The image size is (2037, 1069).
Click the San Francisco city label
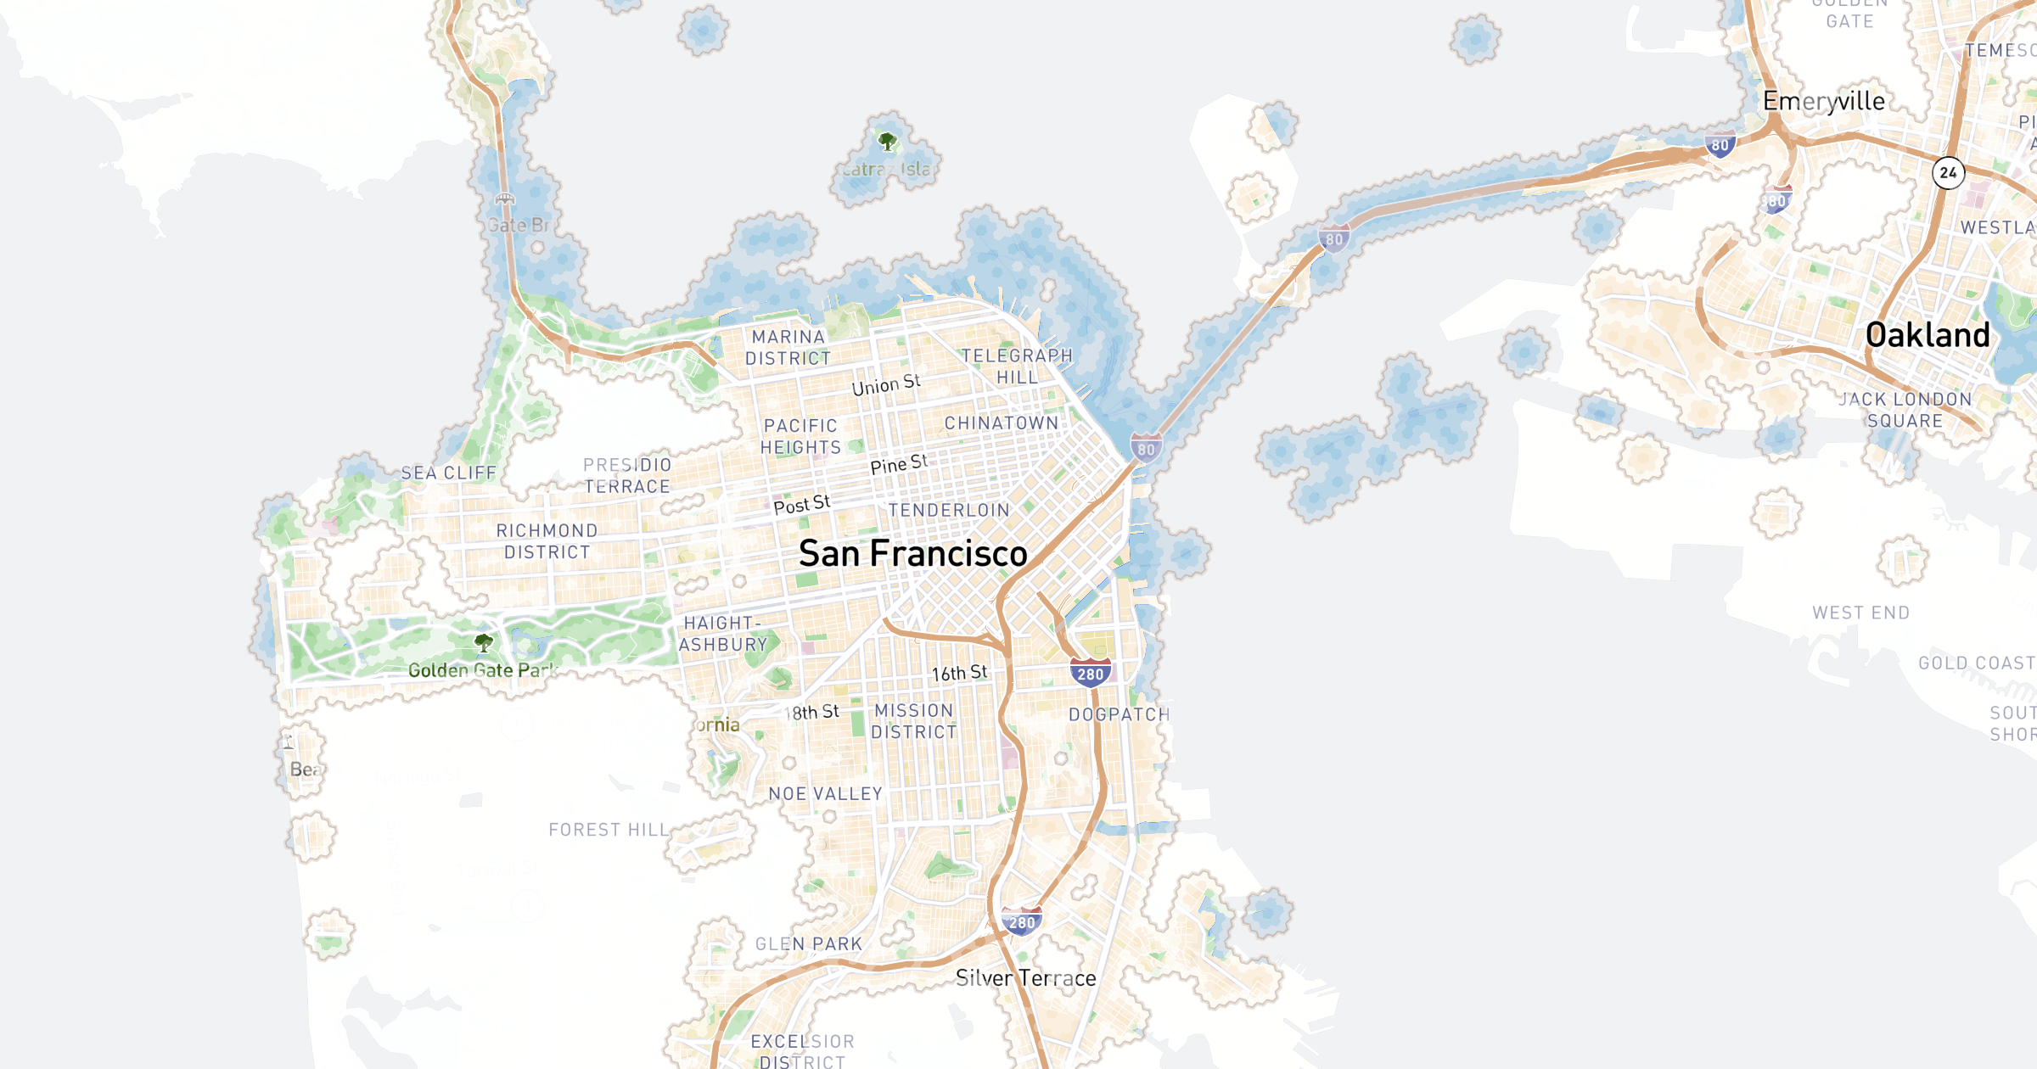tap(913, 554)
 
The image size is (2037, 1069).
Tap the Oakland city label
tap(1928, 336)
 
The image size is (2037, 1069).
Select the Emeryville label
tap(1824, 101)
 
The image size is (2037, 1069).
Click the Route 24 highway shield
tap(1948, 173)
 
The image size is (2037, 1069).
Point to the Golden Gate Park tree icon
tap(484, 643)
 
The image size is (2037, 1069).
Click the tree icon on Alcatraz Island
tap(887, 141)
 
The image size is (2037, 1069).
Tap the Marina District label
tap(788, 348)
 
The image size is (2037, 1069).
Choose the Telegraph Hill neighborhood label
tap(1017, 367)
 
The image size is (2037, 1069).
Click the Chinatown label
tap(1002, 423)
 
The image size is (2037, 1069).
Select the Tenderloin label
tap(949, 511)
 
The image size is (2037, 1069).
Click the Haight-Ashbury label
tap(722, 634)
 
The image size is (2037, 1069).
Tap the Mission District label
tap(914, 721)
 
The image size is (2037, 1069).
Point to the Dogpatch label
tap(1119, 715)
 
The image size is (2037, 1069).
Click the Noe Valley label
tap(825, 794)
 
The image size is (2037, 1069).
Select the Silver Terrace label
tap(1025, 978)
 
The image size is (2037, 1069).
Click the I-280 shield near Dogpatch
tap(1091, 674)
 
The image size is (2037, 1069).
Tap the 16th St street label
tap(959, 674)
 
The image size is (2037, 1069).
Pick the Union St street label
tap(886, 385)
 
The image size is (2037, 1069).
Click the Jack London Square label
tap(1905, 410)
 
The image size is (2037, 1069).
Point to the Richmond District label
tap(547, 541)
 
